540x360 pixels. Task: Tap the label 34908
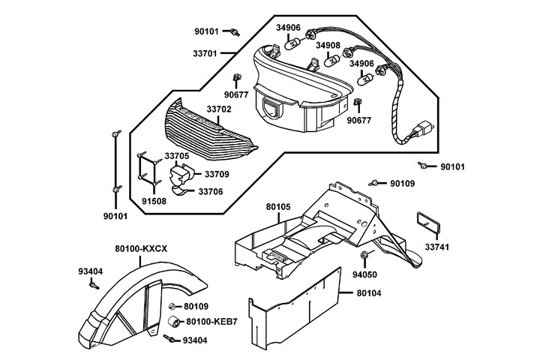point(328,46)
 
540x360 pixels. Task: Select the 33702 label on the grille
point(218,109)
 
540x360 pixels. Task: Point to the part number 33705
point(177,157)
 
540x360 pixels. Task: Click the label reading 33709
point(217,174)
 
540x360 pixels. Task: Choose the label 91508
point(155,201)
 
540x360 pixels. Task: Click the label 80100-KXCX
point(140,248)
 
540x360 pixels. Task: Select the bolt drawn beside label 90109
point(374,182)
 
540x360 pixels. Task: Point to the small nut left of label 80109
point(172,307)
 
